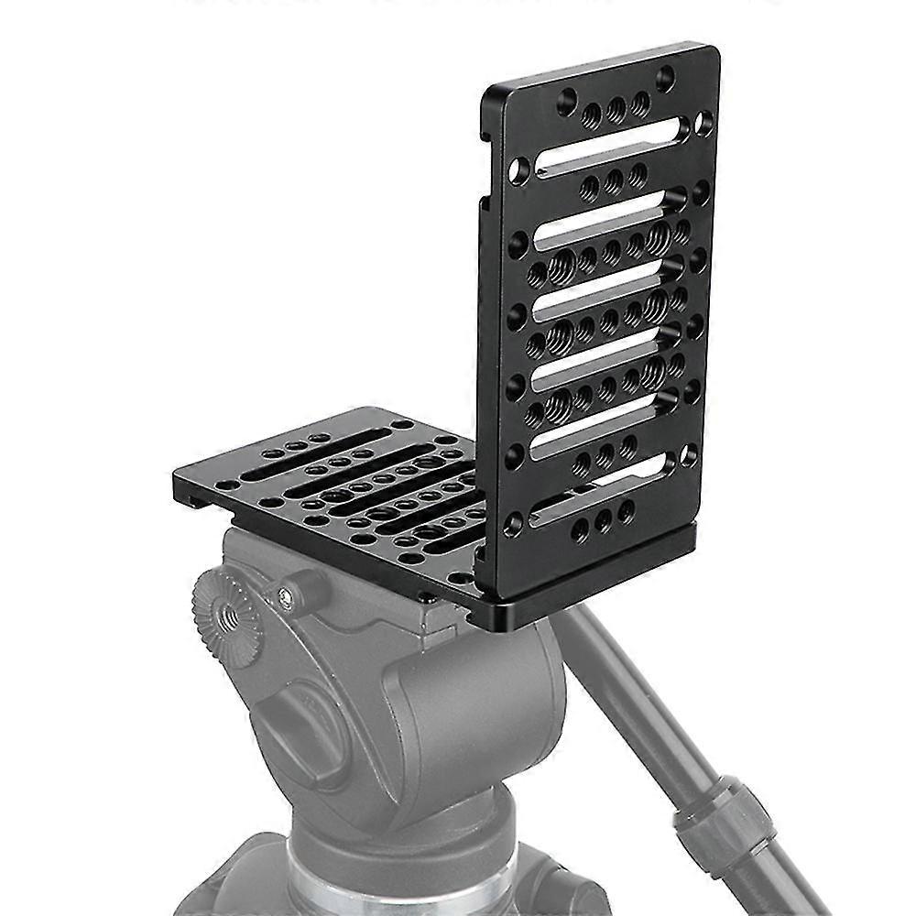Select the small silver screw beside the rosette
tap(288, 596)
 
